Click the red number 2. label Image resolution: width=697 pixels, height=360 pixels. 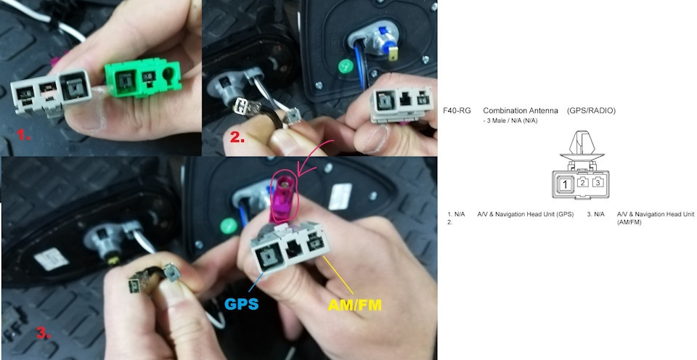coord(237,137)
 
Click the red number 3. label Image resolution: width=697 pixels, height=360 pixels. coord(43,333)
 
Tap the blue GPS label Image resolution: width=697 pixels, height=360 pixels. coord(242,304)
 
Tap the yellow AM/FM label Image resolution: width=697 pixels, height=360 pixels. coord(355,305)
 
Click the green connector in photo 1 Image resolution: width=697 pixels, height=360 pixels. coord(143,79)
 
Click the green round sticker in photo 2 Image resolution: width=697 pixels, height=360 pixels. coord(346,66)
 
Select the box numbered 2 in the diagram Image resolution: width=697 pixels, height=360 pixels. coord(583,182)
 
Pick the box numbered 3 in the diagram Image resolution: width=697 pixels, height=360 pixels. coord(598,182)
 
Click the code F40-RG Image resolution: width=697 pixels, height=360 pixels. coord(457,110)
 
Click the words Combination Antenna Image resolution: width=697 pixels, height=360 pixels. coord(521,110)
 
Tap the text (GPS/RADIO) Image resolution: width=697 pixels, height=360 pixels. coord(591,110)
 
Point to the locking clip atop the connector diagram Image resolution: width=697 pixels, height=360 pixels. coord(582,146)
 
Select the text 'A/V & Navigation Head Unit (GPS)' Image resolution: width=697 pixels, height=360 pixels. coord(526,214)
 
